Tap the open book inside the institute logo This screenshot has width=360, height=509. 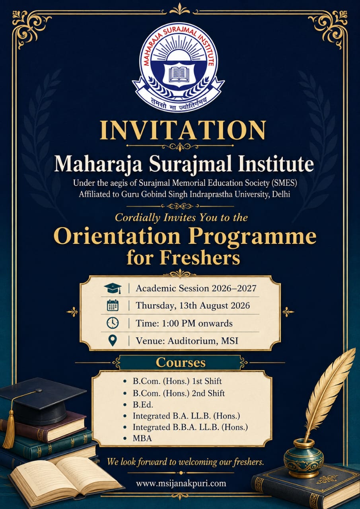pos(179,74)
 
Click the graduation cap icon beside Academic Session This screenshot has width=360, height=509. pos(113,288)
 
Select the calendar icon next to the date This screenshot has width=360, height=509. pos(113,305)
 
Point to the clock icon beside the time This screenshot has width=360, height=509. pos(113,323)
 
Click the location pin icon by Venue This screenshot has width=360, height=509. pos(113,341)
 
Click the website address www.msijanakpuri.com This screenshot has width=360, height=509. pos(181,483)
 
